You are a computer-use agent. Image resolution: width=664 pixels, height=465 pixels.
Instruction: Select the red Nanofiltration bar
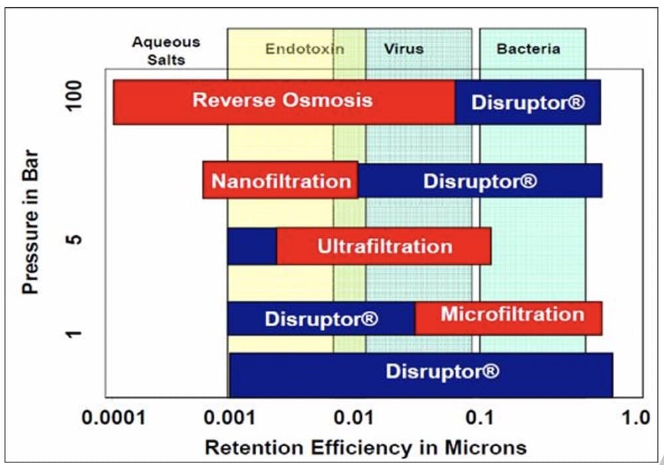[x=280, y=181]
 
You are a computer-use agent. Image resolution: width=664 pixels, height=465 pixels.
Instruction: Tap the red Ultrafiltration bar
[x=384, y=246]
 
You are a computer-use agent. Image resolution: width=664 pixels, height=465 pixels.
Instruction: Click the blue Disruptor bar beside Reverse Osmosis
[x=528, y=102]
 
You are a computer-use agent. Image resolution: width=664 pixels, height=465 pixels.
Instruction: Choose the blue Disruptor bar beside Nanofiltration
[x=480, y=181]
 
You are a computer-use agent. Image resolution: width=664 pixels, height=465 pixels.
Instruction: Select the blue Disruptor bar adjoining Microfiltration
[x=321, y=319]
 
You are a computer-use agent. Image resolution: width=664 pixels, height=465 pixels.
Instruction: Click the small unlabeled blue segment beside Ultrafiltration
[x=252, y=246]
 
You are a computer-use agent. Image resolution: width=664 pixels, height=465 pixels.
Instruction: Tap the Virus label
[x=403, y=48]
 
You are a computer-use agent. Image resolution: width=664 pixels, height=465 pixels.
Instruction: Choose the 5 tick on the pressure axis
[x=75, y=238]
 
